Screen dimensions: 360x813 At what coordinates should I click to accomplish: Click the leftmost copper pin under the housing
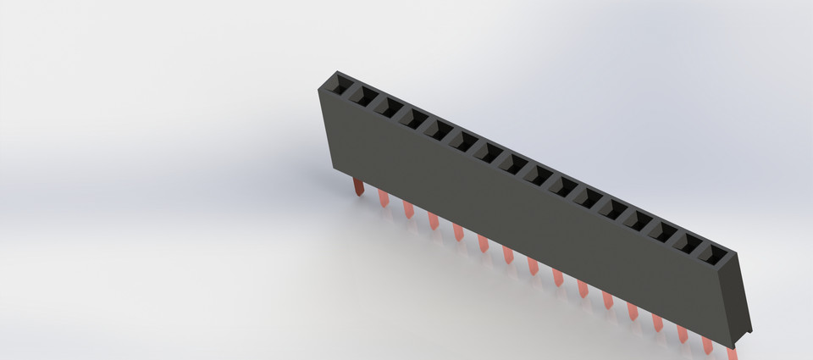coord(357,185)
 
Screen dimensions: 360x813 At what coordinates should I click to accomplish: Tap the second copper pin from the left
coord(384,198)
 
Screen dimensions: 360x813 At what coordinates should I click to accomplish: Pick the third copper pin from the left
coord(408,208)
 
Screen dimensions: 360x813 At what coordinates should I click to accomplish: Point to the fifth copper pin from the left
coord(458,231)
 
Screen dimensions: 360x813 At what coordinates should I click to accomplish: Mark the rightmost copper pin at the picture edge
coord(732,347)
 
